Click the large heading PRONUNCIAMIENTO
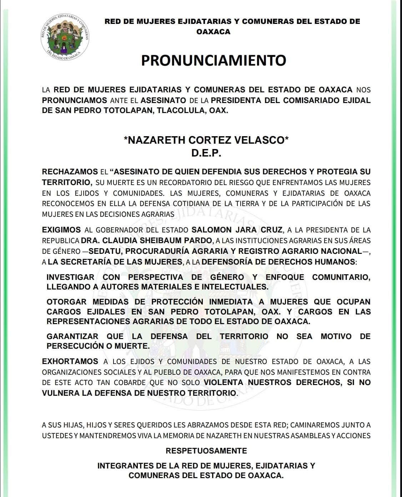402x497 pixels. [213, 60]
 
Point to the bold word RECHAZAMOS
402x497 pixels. [70, 171]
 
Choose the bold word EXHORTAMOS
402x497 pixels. [70, 361]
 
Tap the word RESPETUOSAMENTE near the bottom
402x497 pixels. [206, 451]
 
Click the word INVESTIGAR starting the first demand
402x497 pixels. [70, 277]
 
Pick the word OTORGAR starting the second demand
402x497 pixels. [66, 302]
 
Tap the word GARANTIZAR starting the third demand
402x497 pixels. [72, 336]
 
